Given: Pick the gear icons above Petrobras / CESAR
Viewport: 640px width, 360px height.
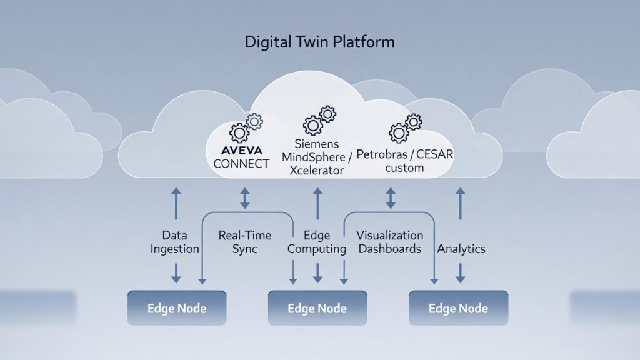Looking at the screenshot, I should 405,127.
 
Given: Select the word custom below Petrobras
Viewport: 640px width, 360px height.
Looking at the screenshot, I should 404,167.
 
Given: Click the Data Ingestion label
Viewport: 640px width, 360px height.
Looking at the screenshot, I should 176,242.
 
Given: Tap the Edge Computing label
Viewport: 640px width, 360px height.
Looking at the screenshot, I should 317,242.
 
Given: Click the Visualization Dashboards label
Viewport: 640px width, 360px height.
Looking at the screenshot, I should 390,242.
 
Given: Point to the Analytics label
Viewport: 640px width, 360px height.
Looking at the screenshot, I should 461,249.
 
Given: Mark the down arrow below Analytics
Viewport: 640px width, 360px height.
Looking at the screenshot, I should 461,272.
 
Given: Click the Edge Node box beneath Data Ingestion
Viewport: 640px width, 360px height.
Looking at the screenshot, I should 177,308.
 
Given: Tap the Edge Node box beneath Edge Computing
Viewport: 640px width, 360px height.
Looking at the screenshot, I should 317,308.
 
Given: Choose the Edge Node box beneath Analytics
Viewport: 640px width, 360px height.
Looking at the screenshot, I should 458,308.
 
